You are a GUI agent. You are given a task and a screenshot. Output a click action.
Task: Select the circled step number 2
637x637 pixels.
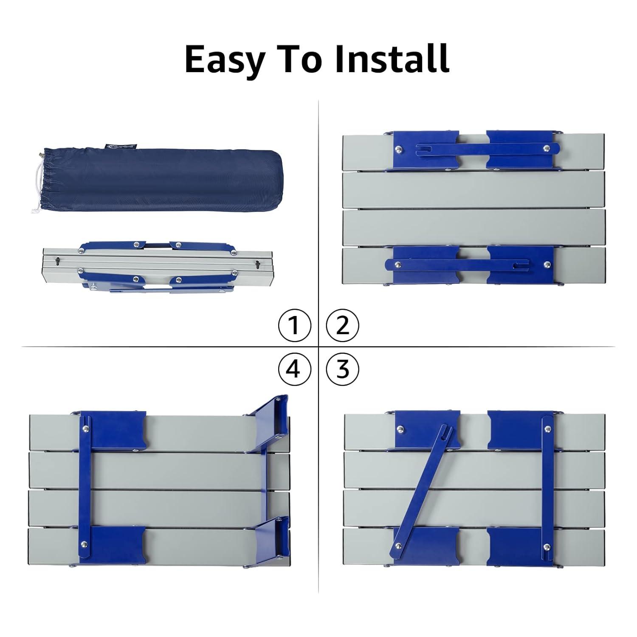pos(342,326)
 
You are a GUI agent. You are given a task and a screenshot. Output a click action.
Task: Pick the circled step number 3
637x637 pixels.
pos(342,369)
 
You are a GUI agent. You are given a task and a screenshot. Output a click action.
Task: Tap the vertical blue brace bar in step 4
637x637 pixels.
pos(85,487)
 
